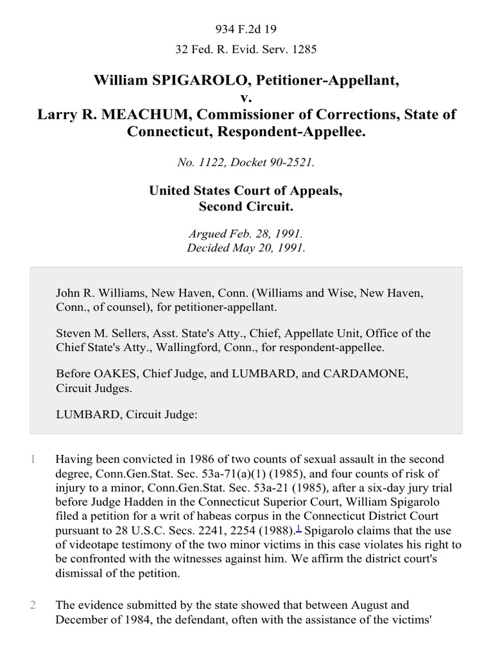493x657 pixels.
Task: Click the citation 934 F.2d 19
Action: [246, 29]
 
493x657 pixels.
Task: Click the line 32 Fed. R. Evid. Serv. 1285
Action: [246, 49]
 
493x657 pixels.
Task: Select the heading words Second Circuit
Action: [246, 208]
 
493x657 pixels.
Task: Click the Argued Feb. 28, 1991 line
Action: [246, 234]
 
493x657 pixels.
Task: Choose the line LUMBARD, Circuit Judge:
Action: [126, 414]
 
